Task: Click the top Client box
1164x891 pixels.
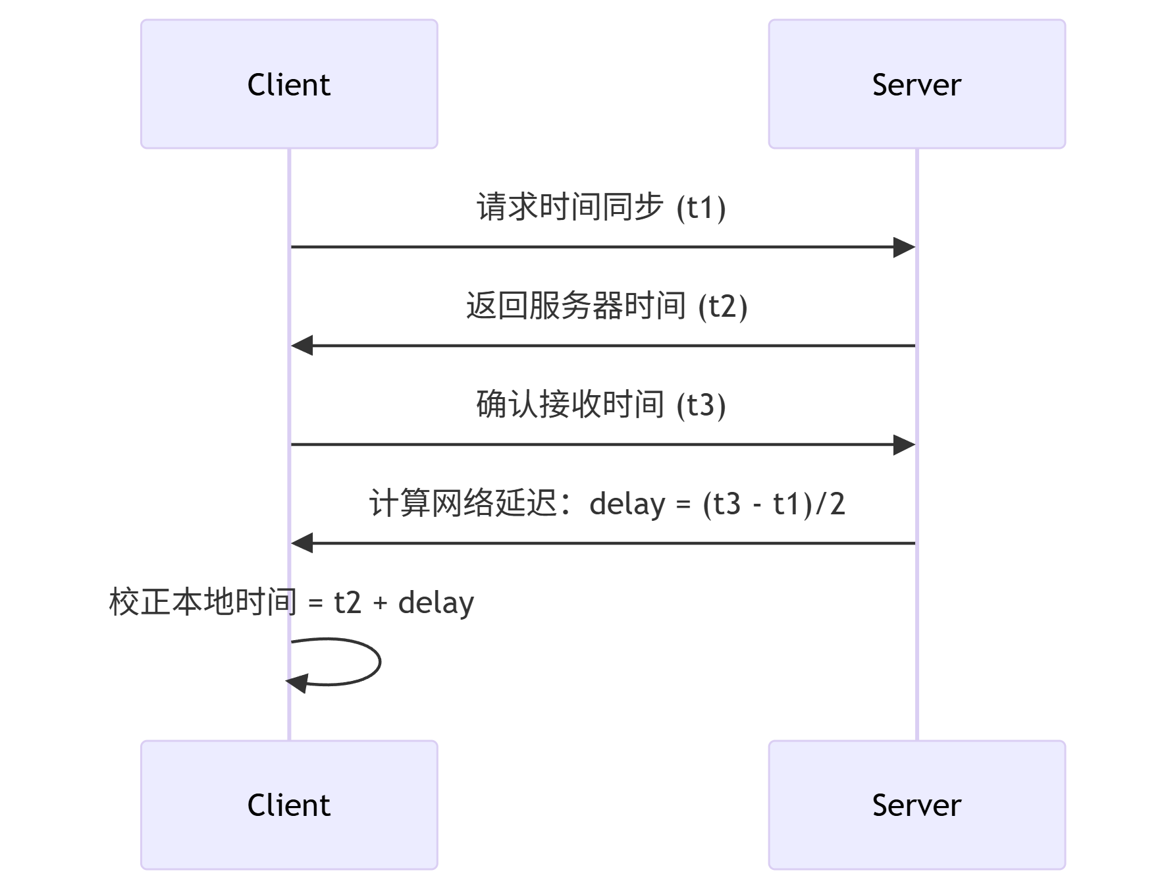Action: [289, 84]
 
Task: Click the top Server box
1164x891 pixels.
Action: [916, 84]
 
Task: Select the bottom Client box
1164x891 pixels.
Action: [289, 805]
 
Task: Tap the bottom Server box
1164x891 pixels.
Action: [916, 805]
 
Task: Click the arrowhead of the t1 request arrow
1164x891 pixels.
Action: [904, 248]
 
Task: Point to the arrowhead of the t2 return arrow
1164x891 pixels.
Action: [302, 345]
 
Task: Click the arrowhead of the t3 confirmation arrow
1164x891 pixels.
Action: [904, 445]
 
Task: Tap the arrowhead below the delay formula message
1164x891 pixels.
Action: [302, 543]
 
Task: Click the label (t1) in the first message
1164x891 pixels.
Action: [701, 208]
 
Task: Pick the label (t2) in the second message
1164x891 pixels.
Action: [723, 307]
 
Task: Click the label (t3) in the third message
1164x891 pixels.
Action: [701, 406]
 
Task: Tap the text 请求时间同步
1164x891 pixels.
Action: [569, 207]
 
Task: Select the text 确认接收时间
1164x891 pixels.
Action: [569, 404]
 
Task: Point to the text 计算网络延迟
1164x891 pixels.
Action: [464, 503]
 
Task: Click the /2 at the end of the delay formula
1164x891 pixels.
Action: [830, 504]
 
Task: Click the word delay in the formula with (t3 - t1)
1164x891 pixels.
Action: [627, 504]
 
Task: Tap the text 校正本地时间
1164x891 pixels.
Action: [203, 602]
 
